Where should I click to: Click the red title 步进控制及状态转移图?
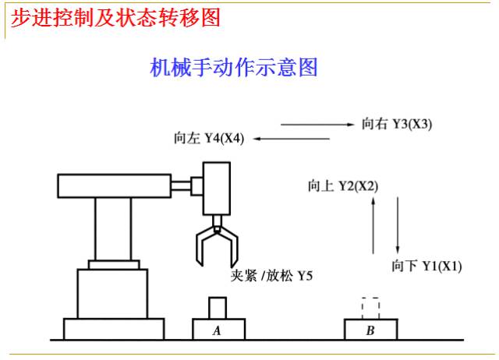pyautogui.click(x=115, y=18)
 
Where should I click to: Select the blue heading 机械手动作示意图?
pyautogui.click(x=234, y=68)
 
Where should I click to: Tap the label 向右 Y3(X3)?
pyautogui.click(x=397, y=124)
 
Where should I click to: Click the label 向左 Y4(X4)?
pyautogui.click(x=209, y=139)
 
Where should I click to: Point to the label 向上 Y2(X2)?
pyautogui.click(x=343, y=186)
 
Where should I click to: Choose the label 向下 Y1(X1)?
pyautogui.click(x=426, y=266)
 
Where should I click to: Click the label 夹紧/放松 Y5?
pyautogui.click(x=271, y=275)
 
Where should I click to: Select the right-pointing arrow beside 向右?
pyautogui.click(x=317, y=125)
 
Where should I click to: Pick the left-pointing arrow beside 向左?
pyautogui.click(x=292, y=139)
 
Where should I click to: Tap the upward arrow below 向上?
pyautogui.click(x=373, y=225)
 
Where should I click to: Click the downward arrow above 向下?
pyautogui.click(x=398, y=225)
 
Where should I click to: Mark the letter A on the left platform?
pyautogui.click(x=217, y=330)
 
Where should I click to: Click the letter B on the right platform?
pyautogui.click(x=370, y=330)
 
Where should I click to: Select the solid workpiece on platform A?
pyautogui.click(x=218, y=308)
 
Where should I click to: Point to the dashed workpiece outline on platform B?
pyautogui.click(x=371, y=298)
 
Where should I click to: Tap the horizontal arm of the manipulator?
pyautogui.click(x=115, y=186)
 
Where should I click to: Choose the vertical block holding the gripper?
pyautogui.click(x=217, y=189)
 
